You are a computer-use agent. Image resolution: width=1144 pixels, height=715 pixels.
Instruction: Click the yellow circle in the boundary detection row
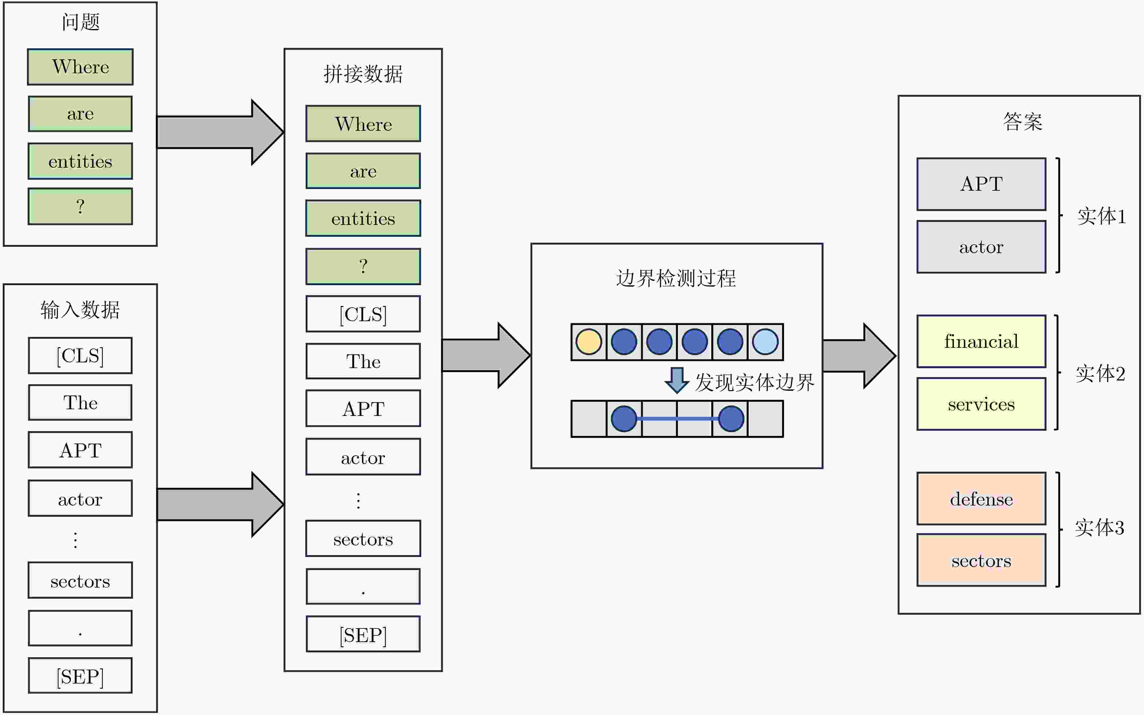click(x=589, y=341)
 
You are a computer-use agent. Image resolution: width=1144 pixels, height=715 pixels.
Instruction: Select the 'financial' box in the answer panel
click(x=981, y=341)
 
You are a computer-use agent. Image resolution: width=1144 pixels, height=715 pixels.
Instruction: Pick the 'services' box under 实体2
click(x=981, y=404)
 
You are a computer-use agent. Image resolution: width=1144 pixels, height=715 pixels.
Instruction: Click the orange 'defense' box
click(x=981, y=499)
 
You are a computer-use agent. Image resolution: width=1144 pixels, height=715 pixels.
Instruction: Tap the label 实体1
click(x=1101, y=216)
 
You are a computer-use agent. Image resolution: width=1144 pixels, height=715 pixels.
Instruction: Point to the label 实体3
click(x=1100, y=527)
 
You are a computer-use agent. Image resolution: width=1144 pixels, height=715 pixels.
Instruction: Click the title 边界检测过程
click(x=676, y=278)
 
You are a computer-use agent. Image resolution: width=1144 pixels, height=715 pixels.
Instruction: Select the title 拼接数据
click(x=363, y=74)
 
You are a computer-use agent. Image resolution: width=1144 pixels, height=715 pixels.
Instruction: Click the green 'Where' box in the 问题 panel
click(x=81, y=67)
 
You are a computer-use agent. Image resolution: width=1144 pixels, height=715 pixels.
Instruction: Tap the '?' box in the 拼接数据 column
click(x=363, y=266)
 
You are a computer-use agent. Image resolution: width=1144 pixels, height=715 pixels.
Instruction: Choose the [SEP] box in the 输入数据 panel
click(x=81, y=675)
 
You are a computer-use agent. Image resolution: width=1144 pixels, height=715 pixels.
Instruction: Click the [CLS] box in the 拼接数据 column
click(x=363, y=314)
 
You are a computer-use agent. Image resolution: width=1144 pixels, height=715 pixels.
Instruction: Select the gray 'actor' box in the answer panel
click(x=981, y=247)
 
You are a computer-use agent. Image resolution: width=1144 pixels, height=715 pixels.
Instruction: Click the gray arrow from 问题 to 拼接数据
click(x=220, y=132)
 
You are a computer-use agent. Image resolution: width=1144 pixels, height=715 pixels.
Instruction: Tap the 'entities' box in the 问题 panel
click(x=81, y=161)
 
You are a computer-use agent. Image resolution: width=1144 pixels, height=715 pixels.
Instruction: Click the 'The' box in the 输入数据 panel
click(x=81, y=402)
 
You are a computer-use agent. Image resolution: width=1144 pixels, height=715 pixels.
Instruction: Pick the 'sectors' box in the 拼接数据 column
click(x=363, y=539)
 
